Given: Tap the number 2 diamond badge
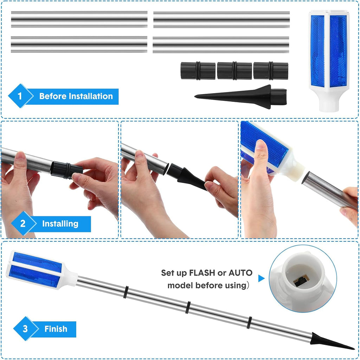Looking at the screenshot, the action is (23, 223).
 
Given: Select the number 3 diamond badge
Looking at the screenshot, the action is (25, 328).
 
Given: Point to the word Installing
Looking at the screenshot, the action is (60, 224).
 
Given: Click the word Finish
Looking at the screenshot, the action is (56, 329).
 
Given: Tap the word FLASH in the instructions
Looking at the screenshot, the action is (202, 273).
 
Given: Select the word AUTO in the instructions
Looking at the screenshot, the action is (240, 273).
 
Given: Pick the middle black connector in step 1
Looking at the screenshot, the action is (234, 71).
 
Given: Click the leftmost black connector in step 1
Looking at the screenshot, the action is (198, 71).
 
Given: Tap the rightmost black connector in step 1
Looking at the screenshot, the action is (271, 71).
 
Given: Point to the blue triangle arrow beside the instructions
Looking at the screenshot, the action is (261, 278).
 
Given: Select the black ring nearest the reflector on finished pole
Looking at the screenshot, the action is (125, 292).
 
